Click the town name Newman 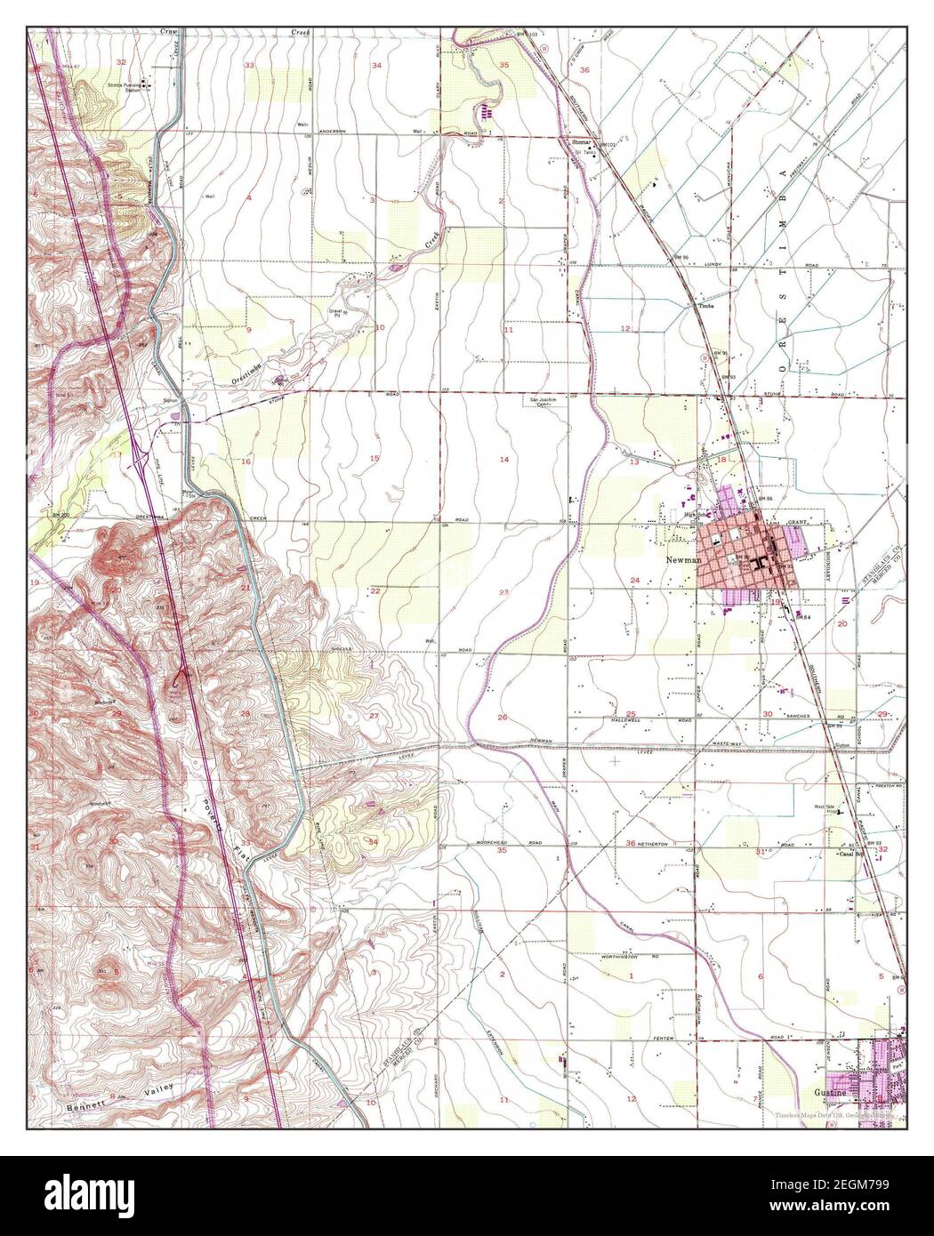click(677, 562)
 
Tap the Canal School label click(851, 855)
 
